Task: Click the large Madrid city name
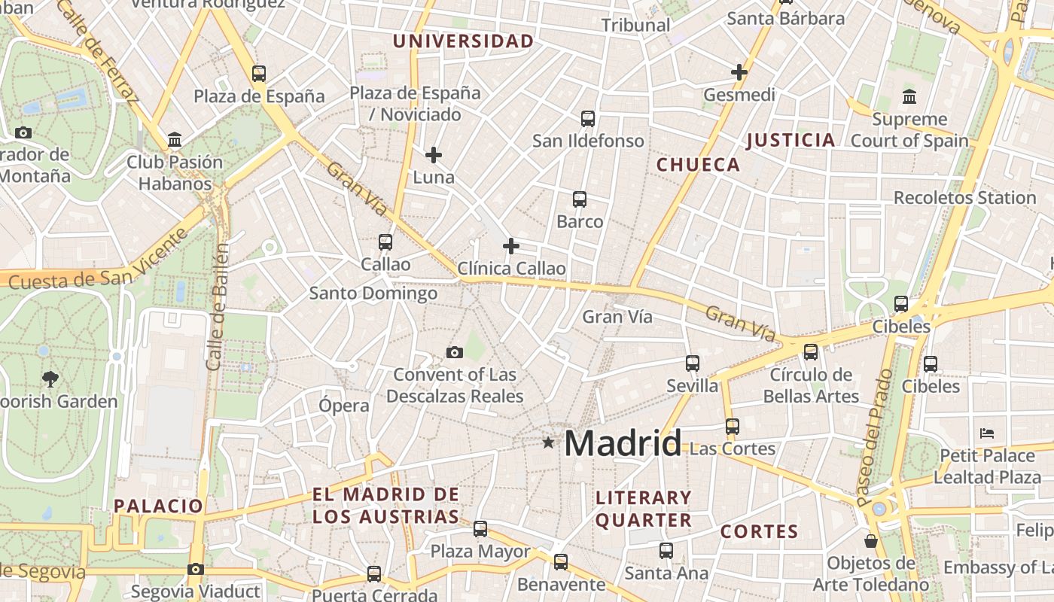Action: click(623, 443)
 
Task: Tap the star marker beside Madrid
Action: click(548, 443)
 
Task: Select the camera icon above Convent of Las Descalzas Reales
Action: click(455, 352)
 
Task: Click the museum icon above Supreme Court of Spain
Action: click(909, 97)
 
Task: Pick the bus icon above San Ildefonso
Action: click(588, 119)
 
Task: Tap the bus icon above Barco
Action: click(580, 199)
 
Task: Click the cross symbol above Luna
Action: click(434, 155)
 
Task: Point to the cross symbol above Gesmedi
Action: click(739, 72)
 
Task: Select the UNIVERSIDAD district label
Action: click(464, 41)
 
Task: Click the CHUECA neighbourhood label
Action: click(699, 165)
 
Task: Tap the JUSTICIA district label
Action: click(790, 140)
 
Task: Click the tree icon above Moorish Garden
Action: click(50, 379)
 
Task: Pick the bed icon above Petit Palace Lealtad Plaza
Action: click(988, 433)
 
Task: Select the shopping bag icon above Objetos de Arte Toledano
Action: click(871, 541)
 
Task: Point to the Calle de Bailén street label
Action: click(217, 306)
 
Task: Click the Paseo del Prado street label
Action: click(875, 436)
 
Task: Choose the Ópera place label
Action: click(344, 406)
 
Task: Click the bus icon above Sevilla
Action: click(693, 363)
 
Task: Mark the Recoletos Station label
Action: click(964, 198)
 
